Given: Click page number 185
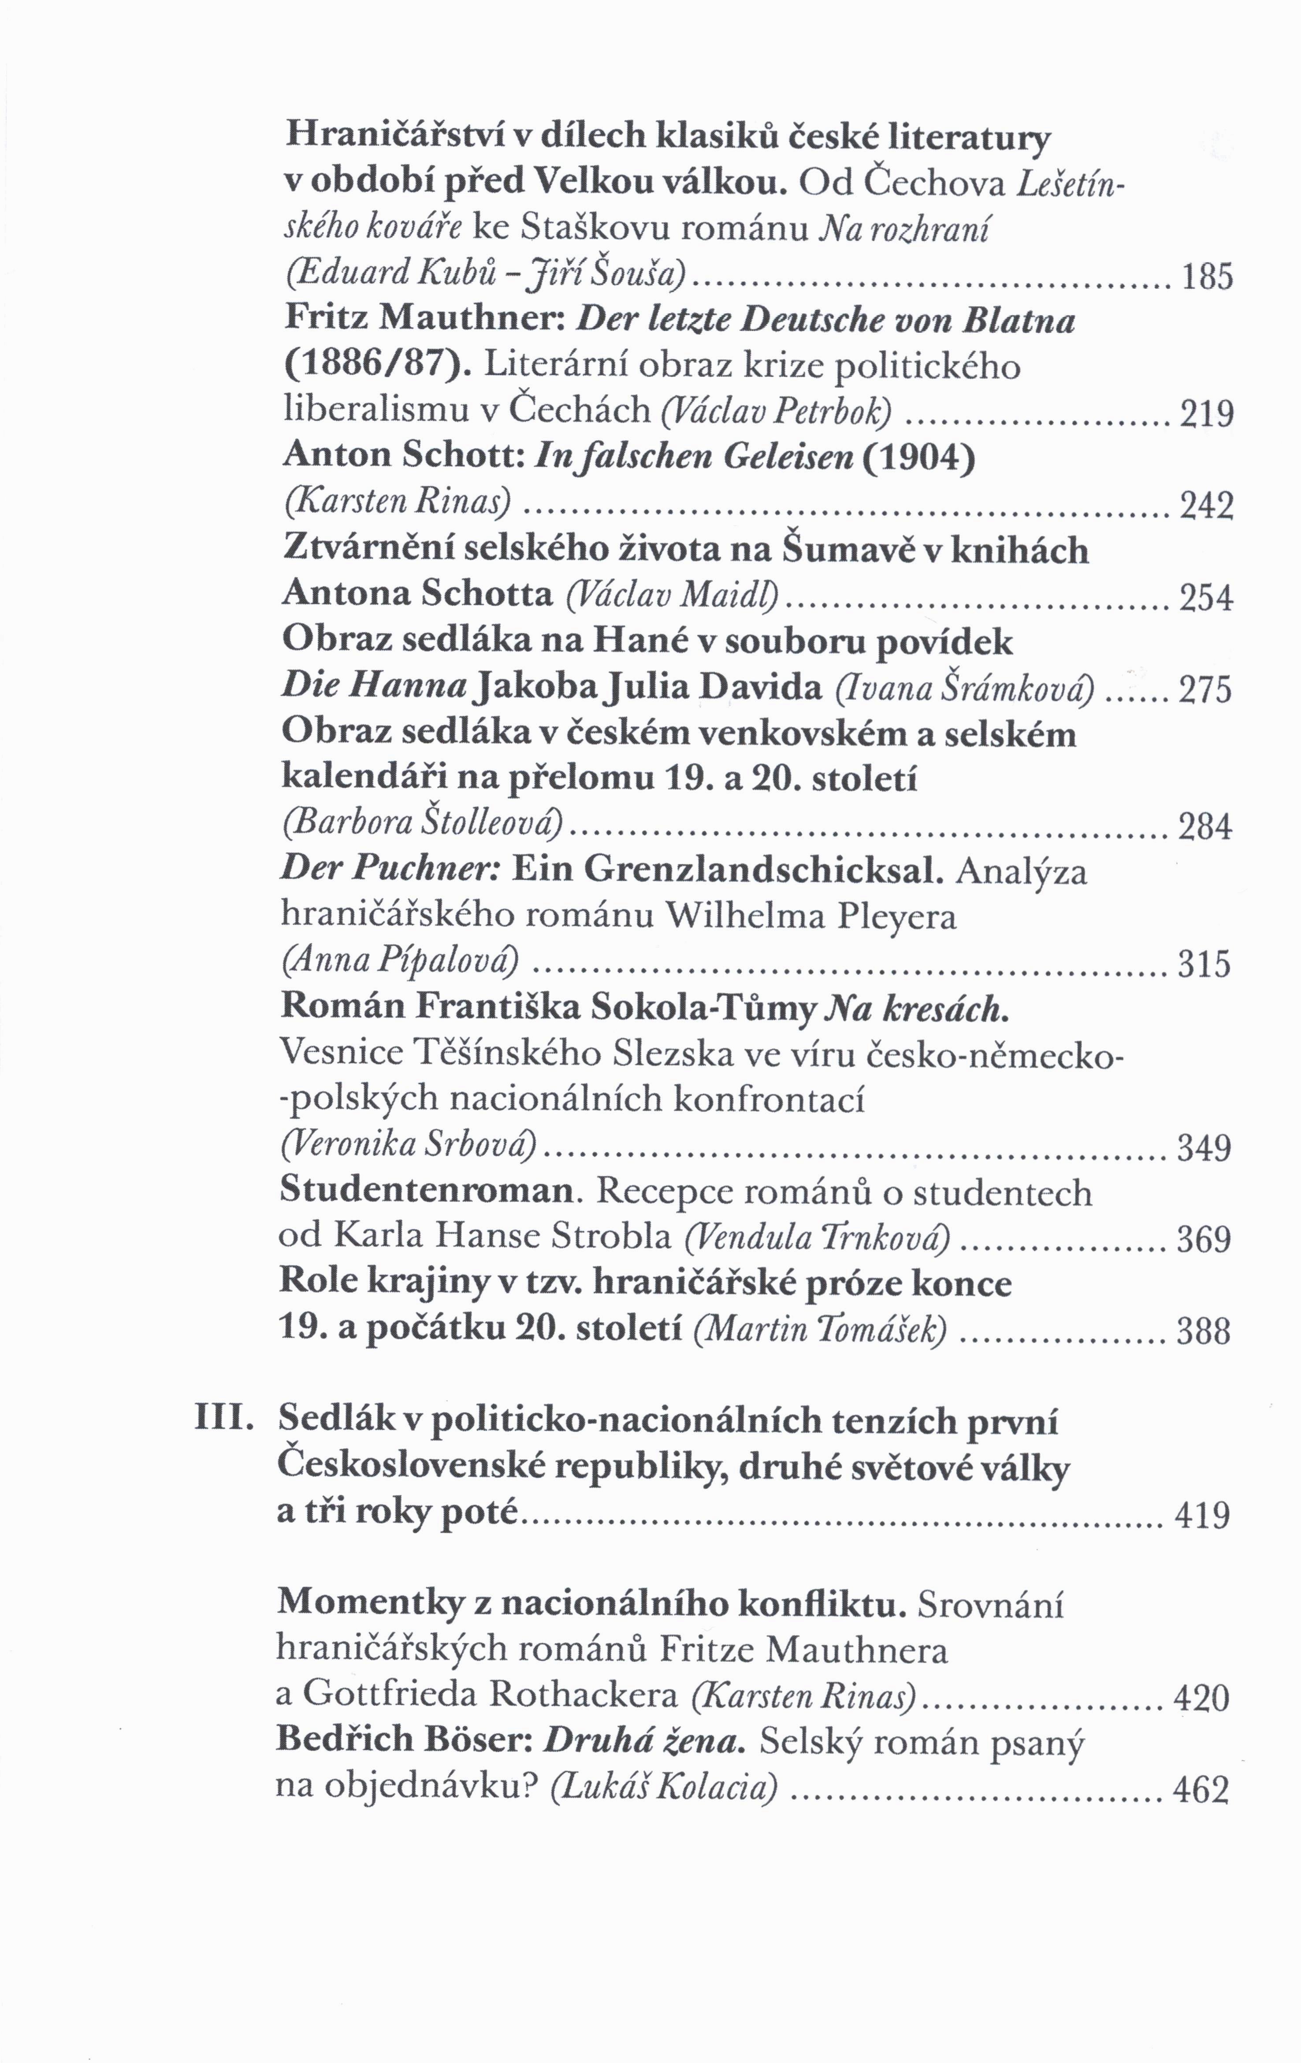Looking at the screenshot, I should coord(1207,277).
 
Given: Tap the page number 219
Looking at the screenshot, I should coord(1207,415).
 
